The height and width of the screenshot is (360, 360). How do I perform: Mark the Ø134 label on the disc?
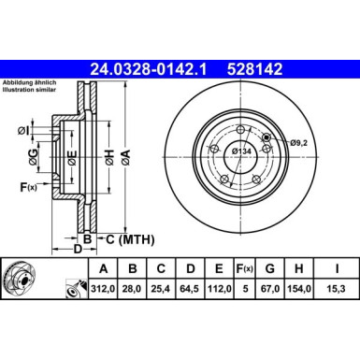pos(240,151)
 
